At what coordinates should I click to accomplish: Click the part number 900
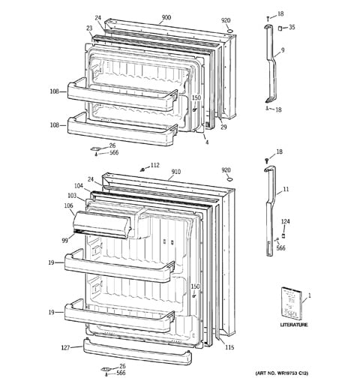(166, 16)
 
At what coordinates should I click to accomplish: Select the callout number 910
(175, 172)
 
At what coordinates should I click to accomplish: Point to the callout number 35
(292, 28)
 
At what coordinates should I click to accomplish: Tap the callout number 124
(285, 221)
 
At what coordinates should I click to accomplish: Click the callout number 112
(154, 165)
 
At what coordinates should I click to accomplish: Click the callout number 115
(229, 346)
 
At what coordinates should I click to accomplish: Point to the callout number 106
(68, 205)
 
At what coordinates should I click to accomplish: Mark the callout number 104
(78, 184)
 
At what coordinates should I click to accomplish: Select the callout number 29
(223, 127)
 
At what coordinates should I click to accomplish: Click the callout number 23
(88, 29)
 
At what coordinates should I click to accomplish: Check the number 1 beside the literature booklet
(309, 296)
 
